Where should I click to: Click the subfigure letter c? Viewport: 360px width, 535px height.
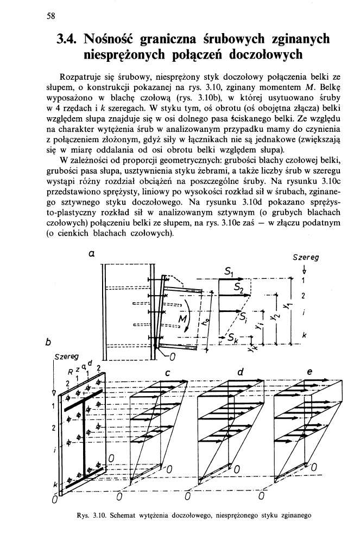pyautogui.click(x=168, y=372)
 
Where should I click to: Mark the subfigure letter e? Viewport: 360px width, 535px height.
pyautogui.click(x=310, y=372)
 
